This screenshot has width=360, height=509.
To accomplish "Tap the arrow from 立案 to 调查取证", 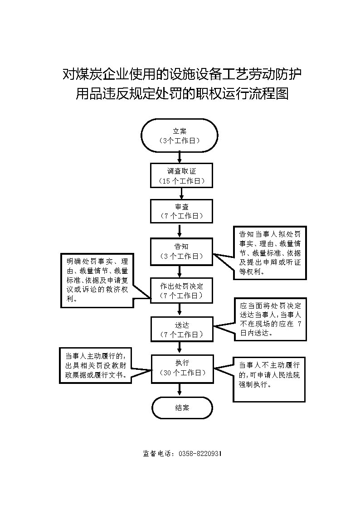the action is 180,158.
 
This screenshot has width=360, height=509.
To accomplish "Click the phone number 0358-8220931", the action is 200,454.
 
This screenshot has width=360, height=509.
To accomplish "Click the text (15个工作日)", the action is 182,181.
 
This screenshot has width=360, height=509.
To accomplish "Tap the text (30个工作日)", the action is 183,373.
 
